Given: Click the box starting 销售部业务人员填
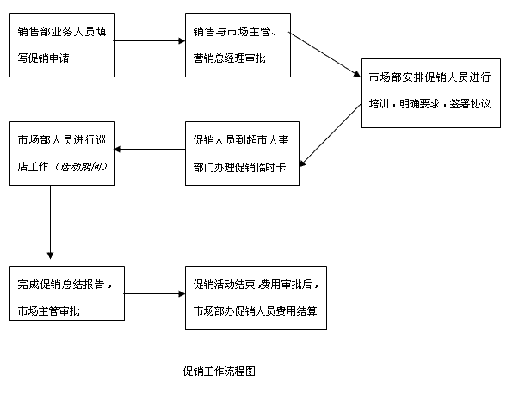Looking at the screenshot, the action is point(62,45).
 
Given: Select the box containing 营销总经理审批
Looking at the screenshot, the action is point(238,45).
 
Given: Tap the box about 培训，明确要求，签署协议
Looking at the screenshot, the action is point(430,93).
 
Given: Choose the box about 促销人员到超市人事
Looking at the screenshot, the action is point(242,153).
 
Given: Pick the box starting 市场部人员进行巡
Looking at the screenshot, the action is point(62,153).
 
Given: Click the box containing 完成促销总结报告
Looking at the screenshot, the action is point(67,293).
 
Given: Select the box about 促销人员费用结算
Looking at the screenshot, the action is point(256,298).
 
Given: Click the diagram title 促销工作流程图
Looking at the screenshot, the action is point(219,372).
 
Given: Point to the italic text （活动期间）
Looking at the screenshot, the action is point(81,167).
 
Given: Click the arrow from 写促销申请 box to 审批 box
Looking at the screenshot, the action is point(149,41).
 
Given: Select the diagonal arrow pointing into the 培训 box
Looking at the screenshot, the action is point(324,54).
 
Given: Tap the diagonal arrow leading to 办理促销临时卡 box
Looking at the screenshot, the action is point(330,136).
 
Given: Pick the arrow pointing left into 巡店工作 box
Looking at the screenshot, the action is point(150,150).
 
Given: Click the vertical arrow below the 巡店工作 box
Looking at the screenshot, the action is point(51,223).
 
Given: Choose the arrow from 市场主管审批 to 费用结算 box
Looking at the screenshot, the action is point(154,293).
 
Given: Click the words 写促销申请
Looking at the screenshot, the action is point(44,58).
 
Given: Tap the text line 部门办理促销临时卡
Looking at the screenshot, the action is point(239,167).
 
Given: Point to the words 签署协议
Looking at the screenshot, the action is point(470,104).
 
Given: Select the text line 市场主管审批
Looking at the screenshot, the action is point(48,311).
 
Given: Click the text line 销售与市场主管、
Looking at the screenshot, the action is point(235,31).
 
